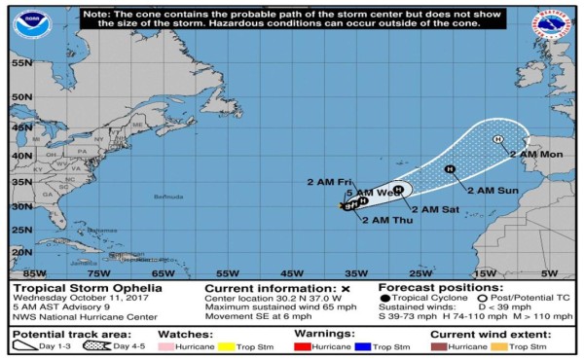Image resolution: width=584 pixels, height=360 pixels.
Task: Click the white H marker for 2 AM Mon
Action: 498,140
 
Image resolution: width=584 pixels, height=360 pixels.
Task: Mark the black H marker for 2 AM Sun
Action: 450,170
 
